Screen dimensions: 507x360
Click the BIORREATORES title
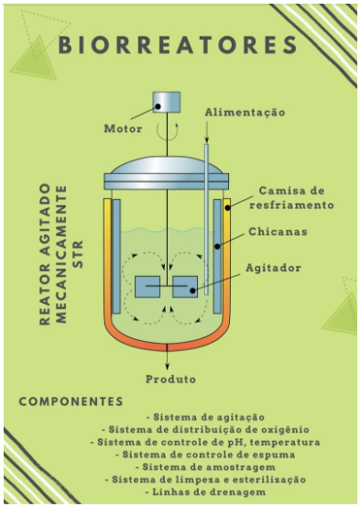pyautogui.click(x=180, y=46)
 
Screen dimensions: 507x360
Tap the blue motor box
pyautogui.click(x=167, y=104)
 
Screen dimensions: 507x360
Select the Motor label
pyautogui.click(x=123, y=128)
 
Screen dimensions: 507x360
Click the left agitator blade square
pyautogui.click(x=147, y=287)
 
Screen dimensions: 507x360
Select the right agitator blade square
pyautogui.click(x=185, y=287)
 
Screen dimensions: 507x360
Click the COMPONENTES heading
pyautogui.click(x=71, y=402)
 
